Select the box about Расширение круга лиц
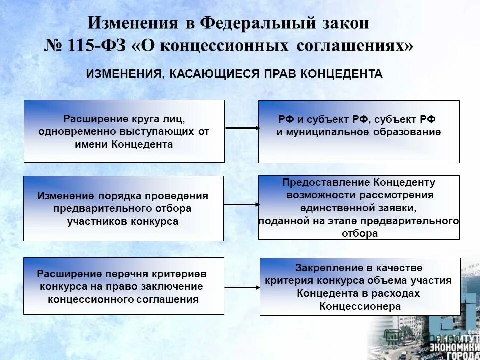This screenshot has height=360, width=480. (124, 131)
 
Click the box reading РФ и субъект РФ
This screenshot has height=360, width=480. (358, 131)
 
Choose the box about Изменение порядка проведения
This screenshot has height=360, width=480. (123, 208)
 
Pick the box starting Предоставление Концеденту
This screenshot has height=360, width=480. (358, 207)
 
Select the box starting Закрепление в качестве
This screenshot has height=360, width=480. (360, 286)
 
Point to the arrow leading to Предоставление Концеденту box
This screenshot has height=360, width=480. (241, 205)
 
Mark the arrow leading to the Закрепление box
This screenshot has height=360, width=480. (242, 287)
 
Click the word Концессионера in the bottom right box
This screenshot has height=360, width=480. (360, 306)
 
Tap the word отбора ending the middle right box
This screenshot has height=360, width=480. (360, 233)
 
